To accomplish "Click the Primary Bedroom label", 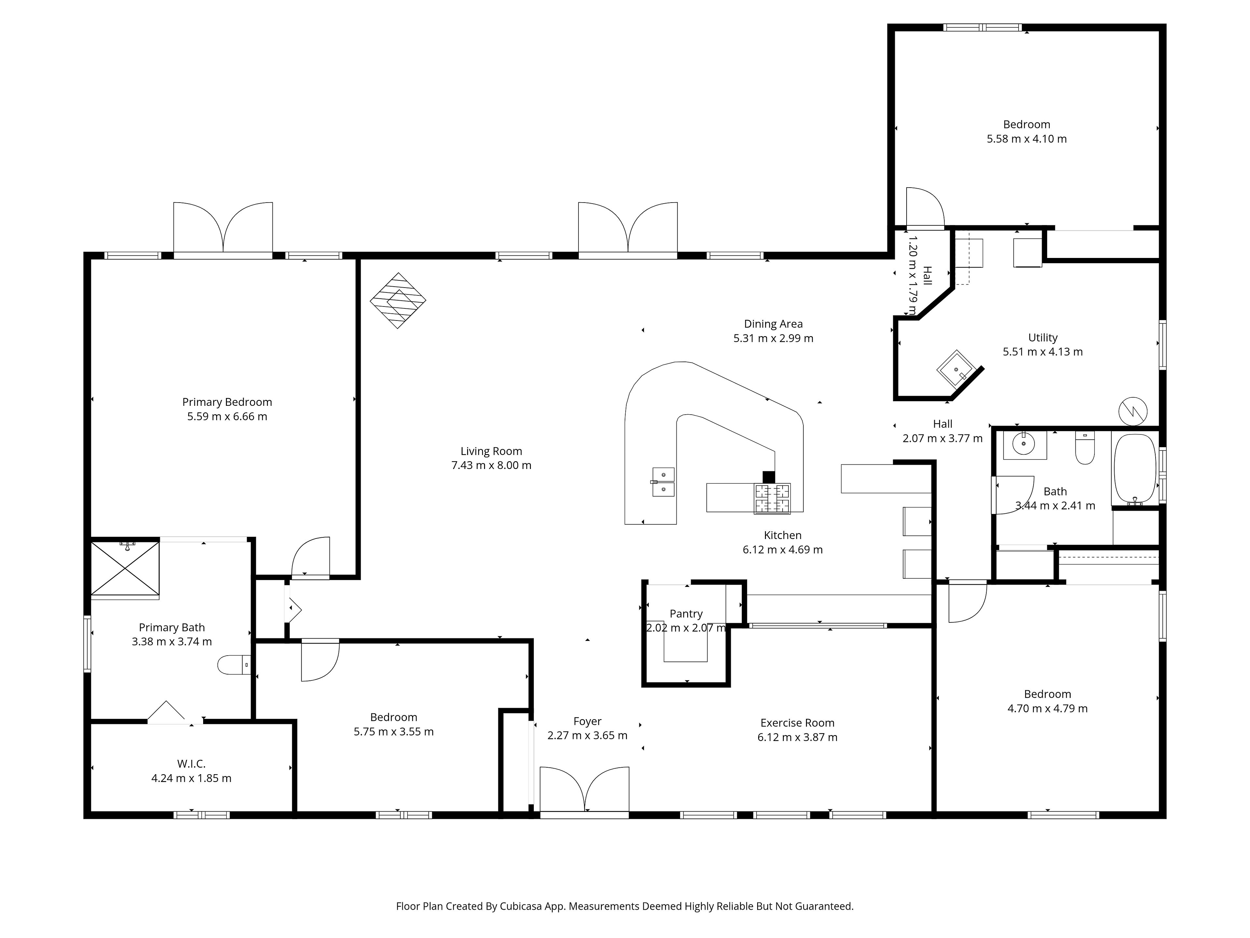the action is [x=227, y=402].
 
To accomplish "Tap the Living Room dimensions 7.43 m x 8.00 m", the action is [x=491, y=465].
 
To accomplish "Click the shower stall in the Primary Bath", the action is [x=125, y=569].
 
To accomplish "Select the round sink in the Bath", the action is [x=1024, y=445].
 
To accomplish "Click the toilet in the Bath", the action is [x=1085, y=448].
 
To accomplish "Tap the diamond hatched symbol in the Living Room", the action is [x=398, y=301].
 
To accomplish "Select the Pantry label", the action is [x=686, y=614].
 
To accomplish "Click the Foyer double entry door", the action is [x=584, y=791].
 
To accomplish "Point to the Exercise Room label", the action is [x=797, y=723].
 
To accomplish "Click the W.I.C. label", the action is [x=191, y=764].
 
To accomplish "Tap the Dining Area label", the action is [x=773, y=324].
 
